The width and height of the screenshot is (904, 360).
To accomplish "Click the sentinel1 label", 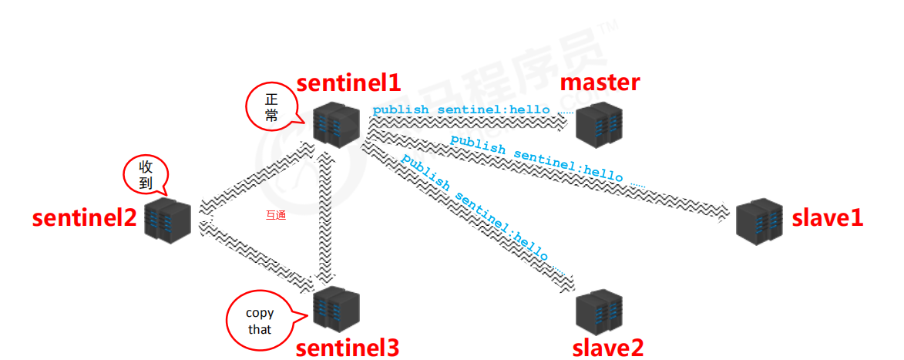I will coord(349,83).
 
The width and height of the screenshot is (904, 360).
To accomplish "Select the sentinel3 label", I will coord(349,347).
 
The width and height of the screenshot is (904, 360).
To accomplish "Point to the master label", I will coord(600,82).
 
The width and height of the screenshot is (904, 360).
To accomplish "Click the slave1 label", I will coord(828,217).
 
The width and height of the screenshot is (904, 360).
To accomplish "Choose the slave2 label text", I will coord(607,347).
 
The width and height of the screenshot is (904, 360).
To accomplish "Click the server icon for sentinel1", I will coord(337,125).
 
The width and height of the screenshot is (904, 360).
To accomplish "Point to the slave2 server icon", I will coord(600,310).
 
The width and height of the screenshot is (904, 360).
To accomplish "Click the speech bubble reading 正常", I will coord(271,108).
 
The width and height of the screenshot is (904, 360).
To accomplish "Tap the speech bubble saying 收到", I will coord(146,175).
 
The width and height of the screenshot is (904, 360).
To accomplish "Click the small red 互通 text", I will coord(275,215).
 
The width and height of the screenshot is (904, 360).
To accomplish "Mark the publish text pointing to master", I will coord(462,110).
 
